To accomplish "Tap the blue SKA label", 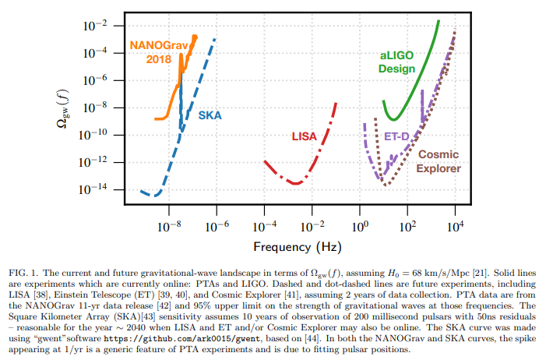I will point(210,115).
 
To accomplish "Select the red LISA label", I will point(304,136).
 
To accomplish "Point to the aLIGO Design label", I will point(396,62).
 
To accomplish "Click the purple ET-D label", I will point(397,136).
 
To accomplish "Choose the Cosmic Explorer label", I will point(439,161).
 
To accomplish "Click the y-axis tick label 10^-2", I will point(93,26).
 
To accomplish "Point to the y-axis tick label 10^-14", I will point(93,190).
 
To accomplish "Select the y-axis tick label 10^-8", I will point(93,108).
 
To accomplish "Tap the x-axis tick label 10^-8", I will point(168,228).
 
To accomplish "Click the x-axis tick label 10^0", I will point(360,228).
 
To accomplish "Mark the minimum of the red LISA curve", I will point(296,183).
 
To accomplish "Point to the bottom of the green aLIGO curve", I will point(396,119).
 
